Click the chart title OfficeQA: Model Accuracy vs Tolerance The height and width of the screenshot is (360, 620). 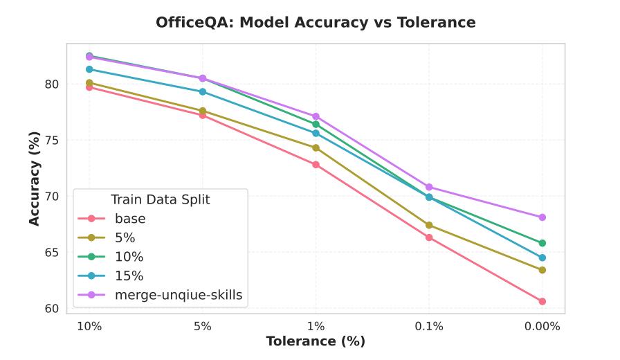(x=316, y=22)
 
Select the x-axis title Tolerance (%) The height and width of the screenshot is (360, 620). (x=316, y=341)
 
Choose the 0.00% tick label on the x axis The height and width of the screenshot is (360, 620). (x=542, y=326)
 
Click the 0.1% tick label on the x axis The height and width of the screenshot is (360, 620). (x=429, y=326)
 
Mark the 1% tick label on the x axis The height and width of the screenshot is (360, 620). (x=316, y=326)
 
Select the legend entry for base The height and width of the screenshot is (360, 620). (x=130, y=219)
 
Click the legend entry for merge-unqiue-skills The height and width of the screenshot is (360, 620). (x=179, y=295)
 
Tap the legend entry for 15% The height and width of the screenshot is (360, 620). (x=129, y=276)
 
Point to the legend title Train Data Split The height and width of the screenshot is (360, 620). (x=161, y=199)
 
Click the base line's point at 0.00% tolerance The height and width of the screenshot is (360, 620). (x=542, y=301)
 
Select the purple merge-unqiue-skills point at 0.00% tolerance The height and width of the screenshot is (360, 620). (x=542, y=217)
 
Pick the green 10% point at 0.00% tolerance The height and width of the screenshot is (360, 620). (x=542, y=243)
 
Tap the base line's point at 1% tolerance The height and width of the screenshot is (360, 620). (x=316, y=165)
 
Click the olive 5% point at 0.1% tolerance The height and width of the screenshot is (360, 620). (x=429, y=225)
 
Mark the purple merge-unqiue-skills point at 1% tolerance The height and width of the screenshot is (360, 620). (x=316, y=116)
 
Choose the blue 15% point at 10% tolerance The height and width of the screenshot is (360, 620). (x=89, y=69)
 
